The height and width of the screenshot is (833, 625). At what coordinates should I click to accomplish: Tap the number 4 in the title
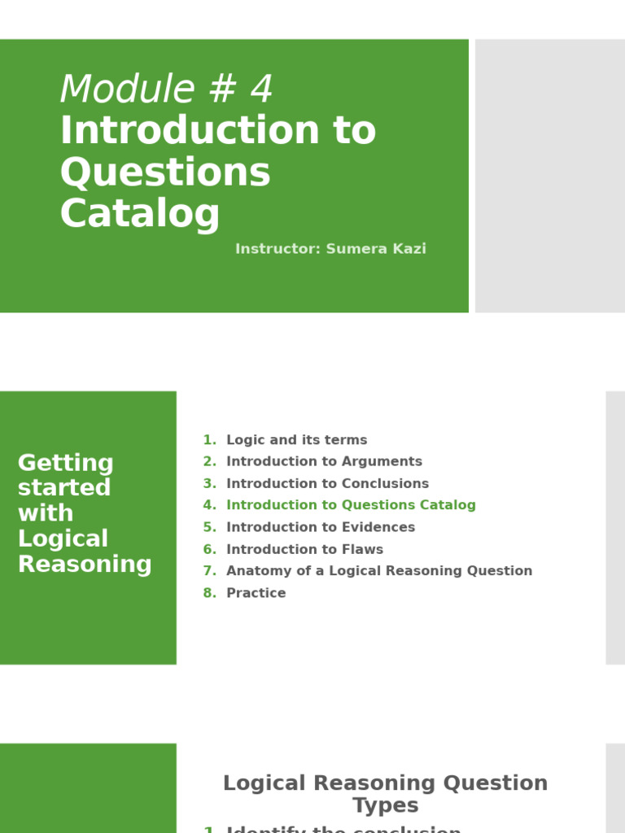[260, 89]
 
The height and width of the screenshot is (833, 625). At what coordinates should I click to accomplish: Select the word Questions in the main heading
[165, 172]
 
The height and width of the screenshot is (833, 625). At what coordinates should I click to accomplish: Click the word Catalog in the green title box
[140, 214]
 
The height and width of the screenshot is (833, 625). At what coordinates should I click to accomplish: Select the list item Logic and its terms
[296, 440]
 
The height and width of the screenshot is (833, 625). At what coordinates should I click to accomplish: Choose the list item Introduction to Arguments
[324, 462]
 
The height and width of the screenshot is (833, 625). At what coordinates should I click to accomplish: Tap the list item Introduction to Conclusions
[327, 483]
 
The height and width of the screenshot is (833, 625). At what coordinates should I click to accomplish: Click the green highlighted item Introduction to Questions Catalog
[351, 505]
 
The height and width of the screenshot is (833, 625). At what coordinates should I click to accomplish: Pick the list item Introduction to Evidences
[321, 527]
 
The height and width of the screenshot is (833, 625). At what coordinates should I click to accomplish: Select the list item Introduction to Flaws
[304, 549]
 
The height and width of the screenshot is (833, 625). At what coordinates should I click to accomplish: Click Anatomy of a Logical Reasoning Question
[379, 571]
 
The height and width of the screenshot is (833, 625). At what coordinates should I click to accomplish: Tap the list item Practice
[256, 593]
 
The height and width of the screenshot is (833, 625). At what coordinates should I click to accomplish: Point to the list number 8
[208, 593]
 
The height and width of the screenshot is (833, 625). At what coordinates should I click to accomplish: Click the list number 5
[208, 527]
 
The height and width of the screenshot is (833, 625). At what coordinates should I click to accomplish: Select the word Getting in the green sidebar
[66, 463]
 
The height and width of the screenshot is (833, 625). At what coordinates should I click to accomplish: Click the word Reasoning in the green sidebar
[85, 564]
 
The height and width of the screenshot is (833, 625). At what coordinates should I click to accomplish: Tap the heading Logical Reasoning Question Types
[385, 794]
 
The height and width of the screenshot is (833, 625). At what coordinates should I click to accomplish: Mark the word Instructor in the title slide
[278, 249]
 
